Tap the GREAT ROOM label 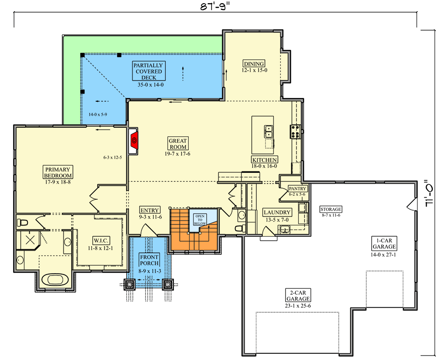(177, 144)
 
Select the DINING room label (254, 64)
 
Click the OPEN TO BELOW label (200, 220)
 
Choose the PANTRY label (298, 189)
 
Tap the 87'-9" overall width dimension (215, 6)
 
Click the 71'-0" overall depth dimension (430, 193)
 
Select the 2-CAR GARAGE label (298, 295)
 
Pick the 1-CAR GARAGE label (384, 243)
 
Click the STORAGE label (331, 209)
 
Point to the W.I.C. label (101, 241)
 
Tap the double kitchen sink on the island (268, 131)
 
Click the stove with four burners (295, 131)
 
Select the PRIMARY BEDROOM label (58, 172)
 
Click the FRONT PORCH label (149, 260)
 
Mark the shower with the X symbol (29, 240)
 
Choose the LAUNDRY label (277, 212)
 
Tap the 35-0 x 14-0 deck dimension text (150, 85)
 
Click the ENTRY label (150, 210)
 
